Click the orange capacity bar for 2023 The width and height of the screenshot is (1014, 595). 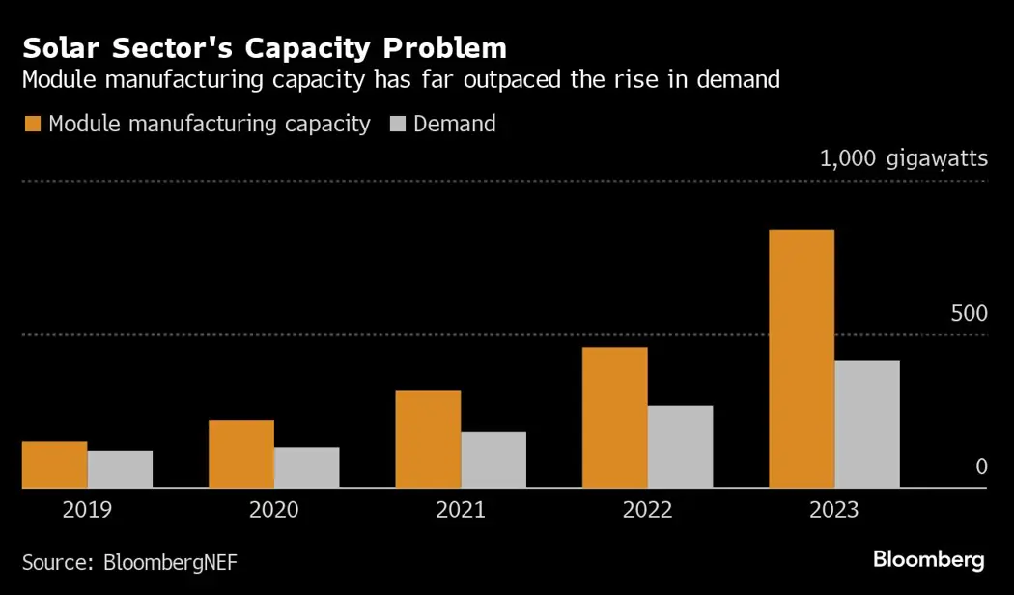(x=802, y=358)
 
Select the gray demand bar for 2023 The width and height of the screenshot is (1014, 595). (x=867, y=424)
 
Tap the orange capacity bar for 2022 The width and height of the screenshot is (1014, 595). (x=614, y=417)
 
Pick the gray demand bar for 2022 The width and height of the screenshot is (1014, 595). (x=680, y=446)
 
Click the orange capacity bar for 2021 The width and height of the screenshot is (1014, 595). (x=428, y=439)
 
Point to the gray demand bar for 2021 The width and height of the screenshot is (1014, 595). (x=493, y=460)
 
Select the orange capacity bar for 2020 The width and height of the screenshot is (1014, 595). (x=241, y=454)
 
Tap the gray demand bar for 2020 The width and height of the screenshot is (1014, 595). (x=307, y=467)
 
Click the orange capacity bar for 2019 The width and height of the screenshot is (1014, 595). (x=55, y=465)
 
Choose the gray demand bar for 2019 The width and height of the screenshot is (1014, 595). (x=120, y=469)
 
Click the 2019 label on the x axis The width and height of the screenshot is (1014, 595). (x=87, y=509)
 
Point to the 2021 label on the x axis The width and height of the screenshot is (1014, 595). (x=461, y=509)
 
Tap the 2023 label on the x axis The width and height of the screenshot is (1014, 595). (x=833, y=509)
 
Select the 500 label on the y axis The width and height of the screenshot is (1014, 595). (x=969, y=314)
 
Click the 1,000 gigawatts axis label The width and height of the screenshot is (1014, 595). (x=903, y=158)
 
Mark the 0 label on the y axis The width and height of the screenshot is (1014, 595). (x=981, y=467)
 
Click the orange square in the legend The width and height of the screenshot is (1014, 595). (x=33, y=125)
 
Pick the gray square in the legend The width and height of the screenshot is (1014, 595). (x=398, y=125)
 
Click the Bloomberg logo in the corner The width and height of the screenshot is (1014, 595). (x=928, y=559)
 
